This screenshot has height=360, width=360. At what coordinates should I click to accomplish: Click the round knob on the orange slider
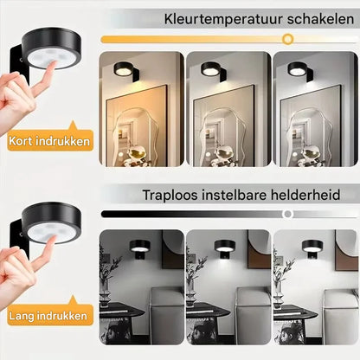(x=287, y=39)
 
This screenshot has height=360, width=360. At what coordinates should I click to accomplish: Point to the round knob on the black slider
(x=287, y=214)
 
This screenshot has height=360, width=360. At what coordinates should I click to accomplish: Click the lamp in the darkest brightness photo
(x=137, y=246)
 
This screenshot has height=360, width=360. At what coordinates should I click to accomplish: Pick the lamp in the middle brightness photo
(x=224, y=246)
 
